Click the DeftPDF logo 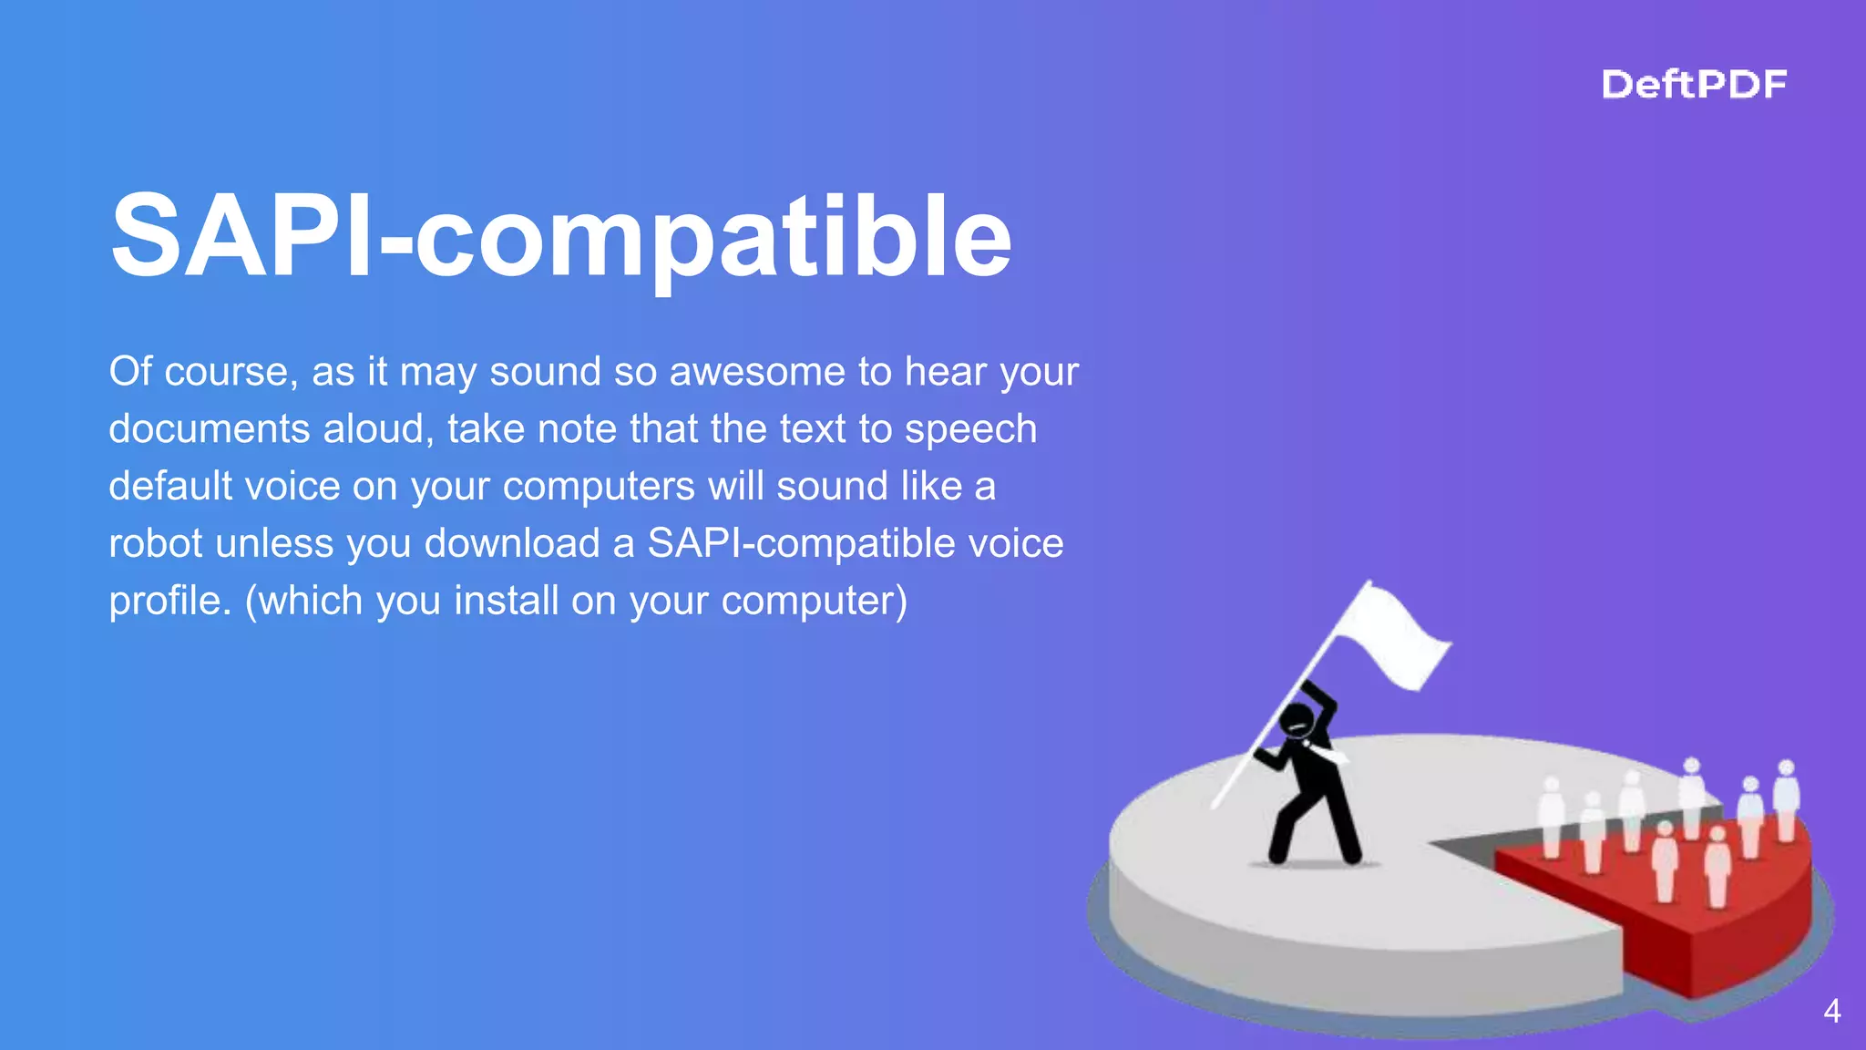1694,85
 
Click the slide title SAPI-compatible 560,236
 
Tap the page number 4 1831,1011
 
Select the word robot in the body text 155,543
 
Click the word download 511,543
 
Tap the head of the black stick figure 1296,720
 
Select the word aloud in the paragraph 378,429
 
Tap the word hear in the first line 945,372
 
